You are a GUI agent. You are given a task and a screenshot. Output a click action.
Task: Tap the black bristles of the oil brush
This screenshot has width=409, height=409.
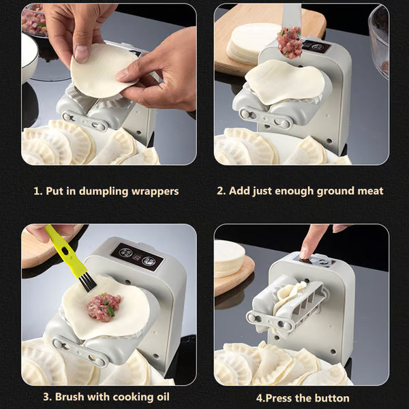[x=86, y=280]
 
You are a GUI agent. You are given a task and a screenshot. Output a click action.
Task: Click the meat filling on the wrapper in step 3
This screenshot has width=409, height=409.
[x=103, y=307]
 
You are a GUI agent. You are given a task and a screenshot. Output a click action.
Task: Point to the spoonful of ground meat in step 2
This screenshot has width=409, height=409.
[x=290, y=42]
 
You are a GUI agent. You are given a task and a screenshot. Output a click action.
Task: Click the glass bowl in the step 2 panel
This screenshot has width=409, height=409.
[x=379, y=41]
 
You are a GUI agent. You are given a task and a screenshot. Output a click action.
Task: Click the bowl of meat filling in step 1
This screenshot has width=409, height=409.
[x=34, y=20]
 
